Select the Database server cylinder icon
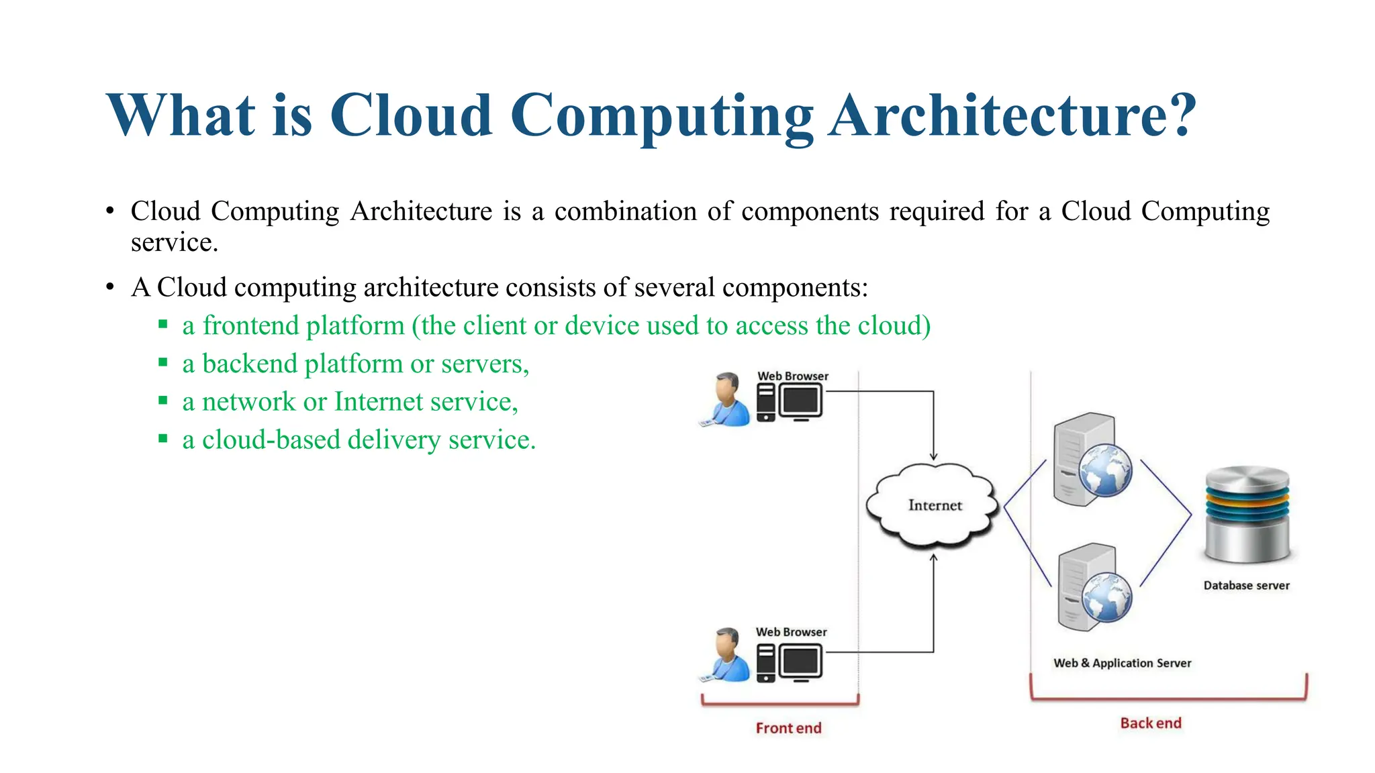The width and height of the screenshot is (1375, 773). pyautogui.click(x=1247, y=514)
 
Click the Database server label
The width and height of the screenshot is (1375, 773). pyautogui.click(x=1246, y=585)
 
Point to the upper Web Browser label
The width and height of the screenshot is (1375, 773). pyautogui.click(x=793, y=376)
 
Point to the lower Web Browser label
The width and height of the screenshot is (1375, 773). pyautogui.click(x=791, y=632)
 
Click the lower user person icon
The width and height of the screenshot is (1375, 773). pyautogui.click(x=727, y=656)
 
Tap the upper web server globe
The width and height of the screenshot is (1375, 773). pyautogui.click(x=1105, y=470)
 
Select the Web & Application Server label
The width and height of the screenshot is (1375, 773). pyautogui.click(x=1122, y=663)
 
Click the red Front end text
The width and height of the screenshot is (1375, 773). pyautogui.click(x=788, y=728)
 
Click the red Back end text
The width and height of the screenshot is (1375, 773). pyautogui.click(x=1150, y=723)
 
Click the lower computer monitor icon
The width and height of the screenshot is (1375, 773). pyautogui.click(x=800, y=662)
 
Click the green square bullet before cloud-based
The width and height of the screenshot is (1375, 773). pyautogui.click(x=163, y=439)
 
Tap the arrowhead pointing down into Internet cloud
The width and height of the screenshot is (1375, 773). pyautogui.click(x=933, y=456)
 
